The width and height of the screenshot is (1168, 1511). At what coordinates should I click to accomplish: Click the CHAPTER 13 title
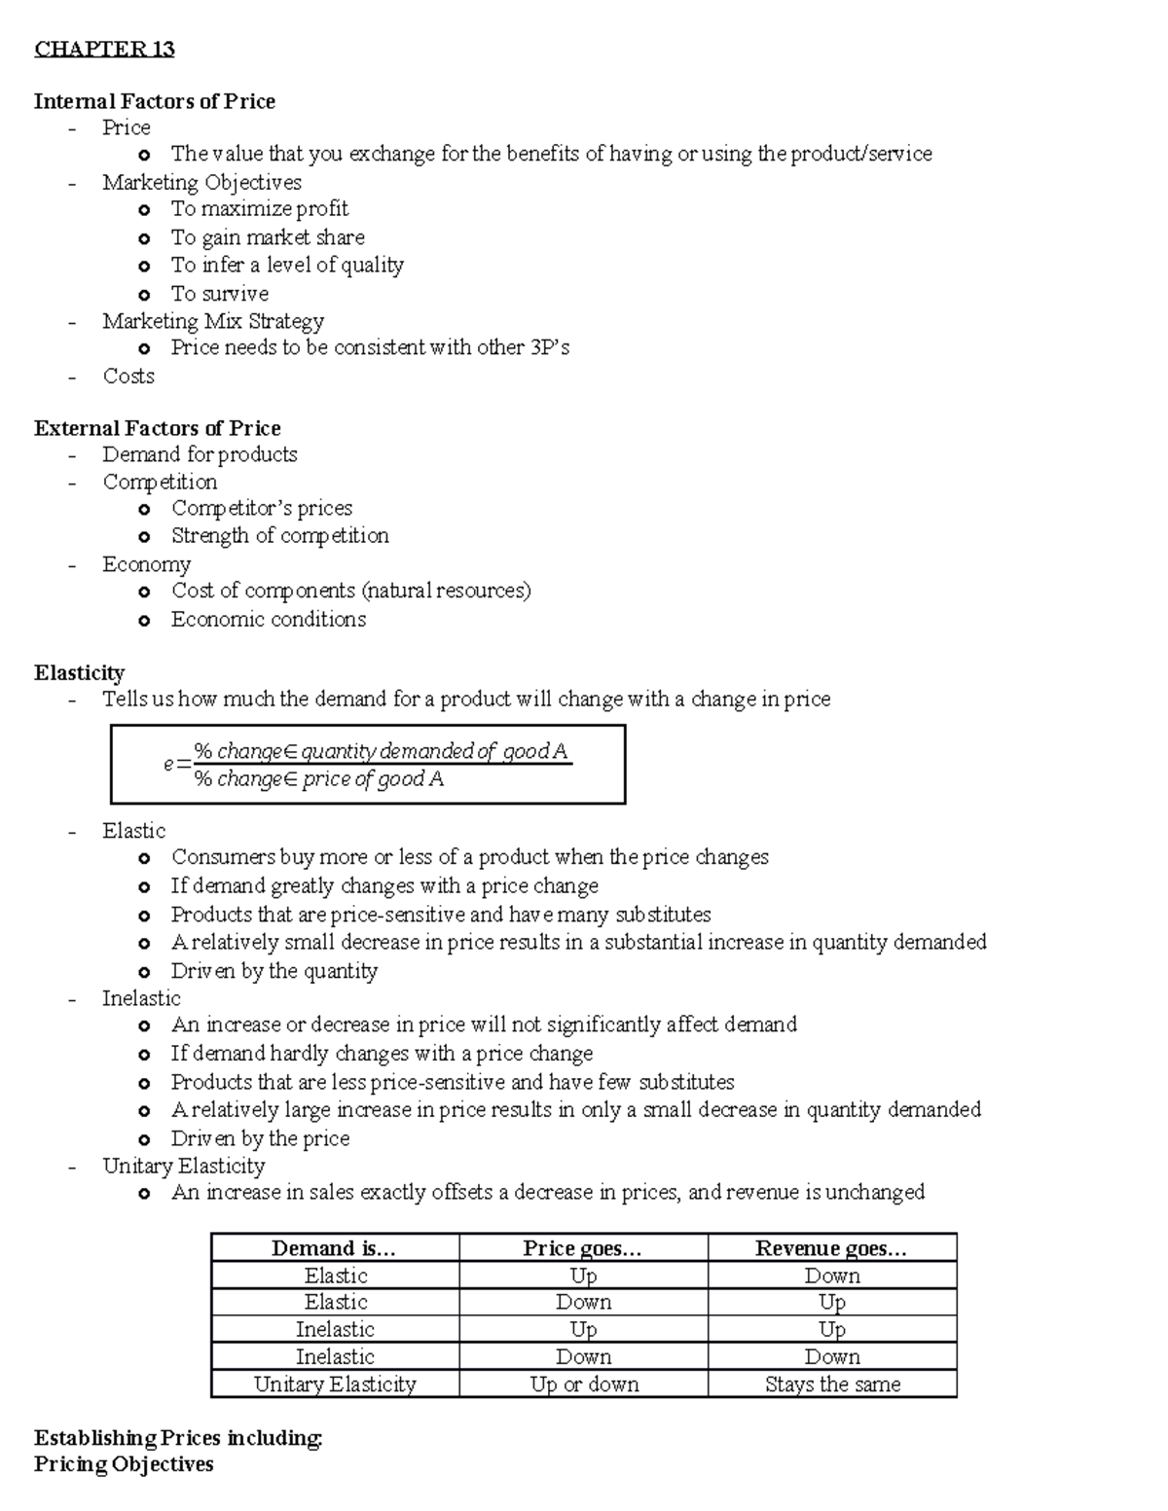[x=104, y=50]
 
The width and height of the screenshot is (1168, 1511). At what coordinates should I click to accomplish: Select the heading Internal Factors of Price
[x=154, y=101]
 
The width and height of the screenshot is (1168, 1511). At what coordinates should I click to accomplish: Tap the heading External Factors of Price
[x=157, y=428]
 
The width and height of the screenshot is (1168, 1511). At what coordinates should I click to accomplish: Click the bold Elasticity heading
[x=79, y=673]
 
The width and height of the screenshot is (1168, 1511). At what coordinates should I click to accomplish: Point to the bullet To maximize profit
[x=259, y=209]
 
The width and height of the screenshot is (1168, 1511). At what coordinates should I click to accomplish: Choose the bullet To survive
[x=219, y=294]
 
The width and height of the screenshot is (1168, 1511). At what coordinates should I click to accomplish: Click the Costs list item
[x=128, y=377]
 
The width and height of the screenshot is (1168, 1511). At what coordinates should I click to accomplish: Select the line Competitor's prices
[x=261, y=508]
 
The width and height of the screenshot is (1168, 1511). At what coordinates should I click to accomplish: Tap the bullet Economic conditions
[x=268, y=620]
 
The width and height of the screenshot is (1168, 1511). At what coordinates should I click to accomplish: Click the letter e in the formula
[x=169, y=765]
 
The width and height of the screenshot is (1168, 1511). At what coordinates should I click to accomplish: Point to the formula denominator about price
[x=318, y=779]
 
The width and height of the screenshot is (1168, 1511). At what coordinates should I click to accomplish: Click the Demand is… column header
[x=334, y=1248]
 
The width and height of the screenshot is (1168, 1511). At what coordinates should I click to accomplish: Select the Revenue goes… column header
[x=831, y=1248]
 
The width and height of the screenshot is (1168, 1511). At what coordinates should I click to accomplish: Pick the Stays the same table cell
[x=832, y=1385]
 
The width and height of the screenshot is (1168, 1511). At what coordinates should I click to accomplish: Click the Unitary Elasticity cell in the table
[x=335, y=1385]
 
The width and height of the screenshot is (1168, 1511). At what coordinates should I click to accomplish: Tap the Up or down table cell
[x=584, y=1385]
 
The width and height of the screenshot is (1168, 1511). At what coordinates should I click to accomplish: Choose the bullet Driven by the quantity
[x=274, y=971]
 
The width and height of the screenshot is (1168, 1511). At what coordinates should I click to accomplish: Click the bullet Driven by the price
[x=260, y=1138]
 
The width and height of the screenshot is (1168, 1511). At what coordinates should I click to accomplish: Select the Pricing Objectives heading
[x=124, y=1464]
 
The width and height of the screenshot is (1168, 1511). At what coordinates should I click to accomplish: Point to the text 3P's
[x=550, y=347]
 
